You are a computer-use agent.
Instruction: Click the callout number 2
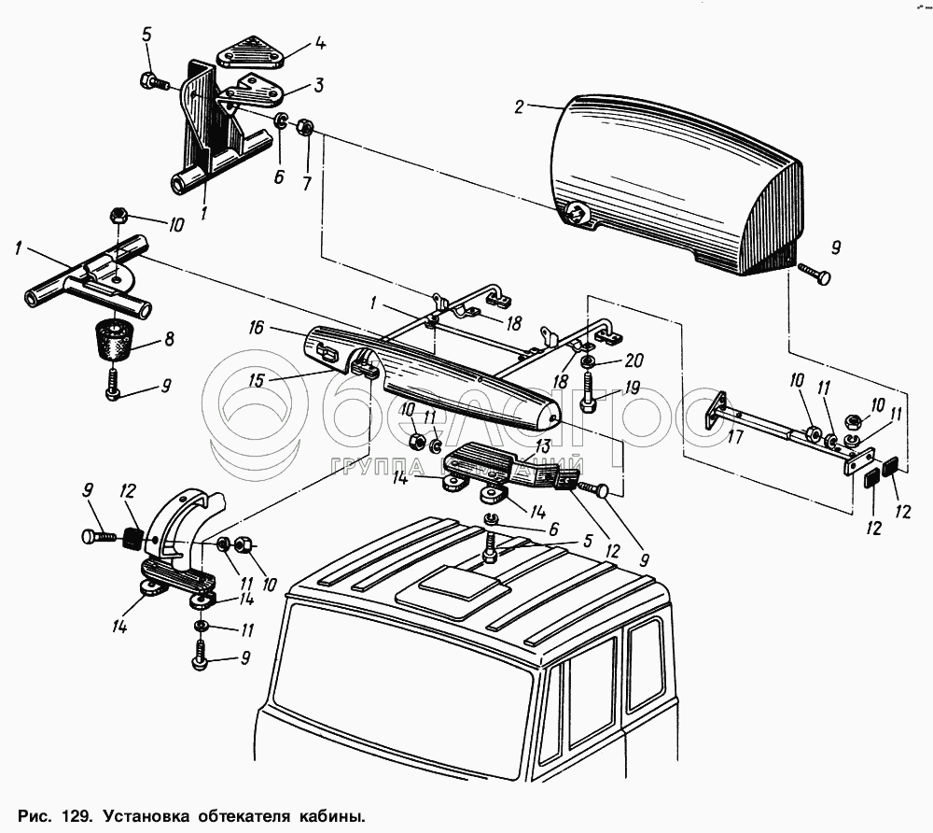tap(520, 107)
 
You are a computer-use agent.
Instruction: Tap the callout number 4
tap(320, 44)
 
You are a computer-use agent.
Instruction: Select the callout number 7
tap(306, 184)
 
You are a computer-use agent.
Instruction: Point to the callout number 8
tap(169, 339)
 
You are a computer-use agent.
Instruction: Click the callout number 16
tap(257, 328)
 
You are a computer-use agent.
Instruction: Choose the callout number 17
tap(735, 437)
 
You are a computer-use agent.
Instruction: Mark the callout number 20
tap(634, 360)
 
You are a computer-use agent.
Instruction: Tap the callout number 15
tap(257, 380)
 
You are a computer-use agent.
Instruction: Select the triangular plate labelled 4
tap(250, 52)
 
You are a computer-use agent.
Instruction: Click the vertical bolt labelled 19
tap(588, 389)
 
